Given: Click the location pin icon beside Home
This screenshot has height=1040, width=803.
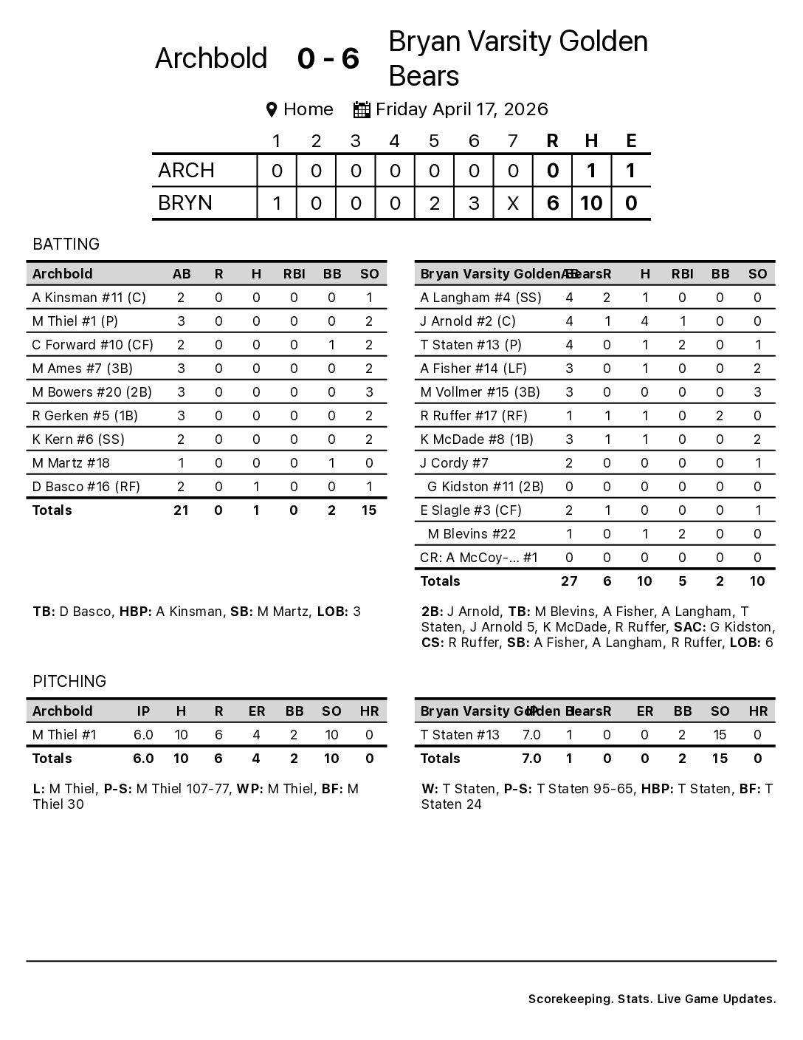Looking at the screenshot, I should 272,110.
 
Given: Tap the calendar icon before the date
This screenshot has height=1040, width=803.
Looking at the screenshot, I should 362,110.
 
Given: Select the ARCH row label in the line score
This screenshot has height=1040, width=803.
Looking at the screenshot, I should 186,171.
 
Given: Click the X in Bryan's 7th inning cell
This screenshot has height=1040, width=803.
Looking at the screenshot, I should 513,203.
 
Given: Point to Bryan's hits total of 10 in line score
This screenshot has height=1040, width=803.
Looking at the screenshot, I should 591,203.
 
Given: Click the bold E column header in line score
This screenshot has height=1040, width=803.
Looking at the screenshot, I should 631,140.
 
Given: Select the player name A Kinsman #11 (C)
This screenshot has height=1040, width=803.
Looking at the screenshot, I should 89,298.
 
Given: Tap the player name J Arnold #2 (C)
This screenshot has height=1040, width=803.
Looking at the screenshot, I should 468,321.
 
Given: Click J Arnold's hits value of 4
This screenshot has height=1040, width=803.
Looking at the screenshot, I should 645,321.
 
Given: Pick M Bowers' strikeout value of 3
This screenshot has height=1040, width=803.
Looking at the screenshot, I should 369,392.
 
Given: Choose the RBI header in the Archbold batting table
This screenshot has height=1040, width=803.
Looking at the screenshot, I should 294,274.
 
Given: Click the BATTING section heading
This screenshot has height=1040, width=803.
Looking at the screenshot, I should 66,244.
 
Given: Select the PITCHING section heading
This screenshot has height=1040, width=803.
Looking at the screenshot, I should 69,681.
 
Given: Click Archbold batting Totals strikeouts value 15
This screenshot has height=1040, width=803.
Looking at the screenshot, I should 369,510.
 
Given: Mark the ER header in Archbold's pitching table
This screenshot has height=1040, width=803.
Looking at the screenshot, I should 257,711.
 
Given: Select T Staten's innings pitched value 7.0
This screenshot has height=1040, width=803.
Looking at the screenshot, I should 531,735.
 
